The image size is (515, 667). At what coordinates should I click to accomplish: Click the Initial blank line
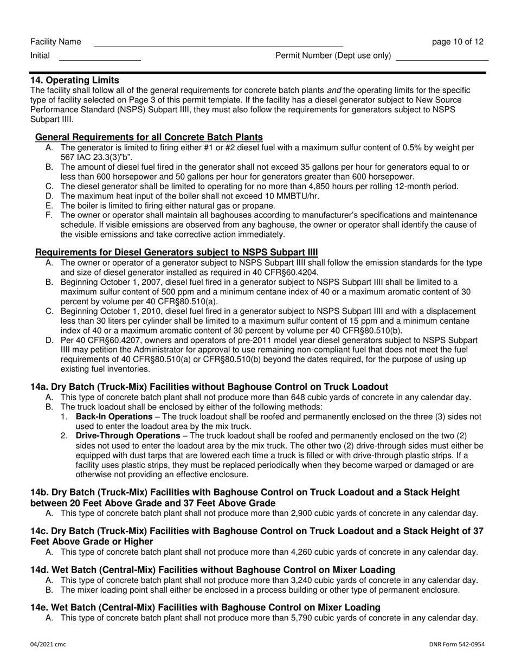99,57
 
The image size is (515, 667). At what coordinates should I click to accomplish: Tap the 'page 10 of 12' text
458,42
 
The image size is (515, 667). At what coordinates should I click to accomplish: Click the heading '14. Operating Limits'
75,80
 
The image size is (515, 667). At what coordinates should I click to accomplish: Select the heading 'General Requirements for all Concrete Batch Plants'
149,137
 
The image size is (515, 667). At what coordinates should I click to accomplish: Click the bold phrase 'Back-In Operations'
114,416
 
